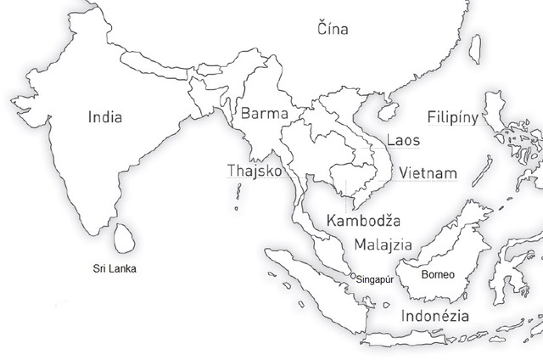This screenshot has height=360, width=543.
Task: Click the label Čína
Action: (332, 27)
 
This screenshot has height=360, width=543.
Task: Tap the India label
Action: (105, 117)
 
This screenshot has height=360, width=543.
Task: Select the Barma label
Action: (265, 113)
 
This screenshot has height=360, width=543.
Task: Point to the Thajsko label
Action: (254, 171)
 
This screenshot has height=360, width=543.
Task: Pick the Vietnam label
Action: (428, 173)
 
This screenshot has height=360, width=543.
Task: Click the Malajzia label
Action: (383, 245)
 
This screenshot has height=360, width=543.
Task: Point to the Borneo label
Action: (438, 275)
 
